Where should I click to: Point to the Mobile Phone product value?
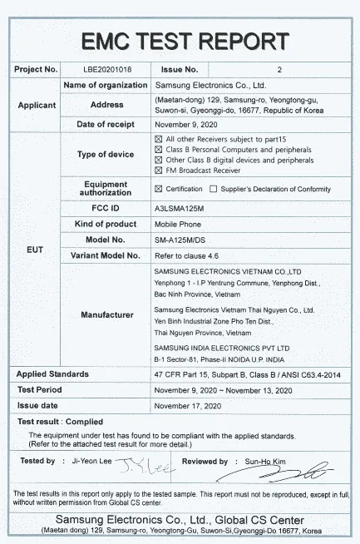177,224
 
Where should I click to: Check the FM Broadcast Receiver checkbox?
159,170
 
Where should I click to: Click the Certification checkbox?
159,189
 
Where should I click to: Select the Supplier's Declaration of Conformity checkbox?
214,189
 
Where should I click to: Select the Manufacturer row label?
106,315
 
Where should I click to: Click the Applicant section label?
36,105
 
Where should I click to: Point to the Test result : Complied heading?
60,422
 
